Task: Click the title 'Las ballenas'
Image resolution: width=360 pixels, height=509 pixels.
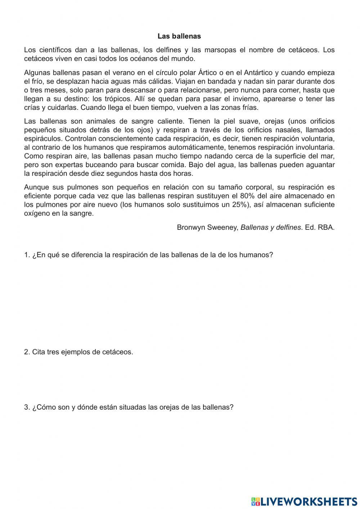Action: pos(179,36)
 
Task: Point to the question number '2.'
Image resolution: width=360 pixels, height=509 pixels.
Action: pos(27,352)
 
